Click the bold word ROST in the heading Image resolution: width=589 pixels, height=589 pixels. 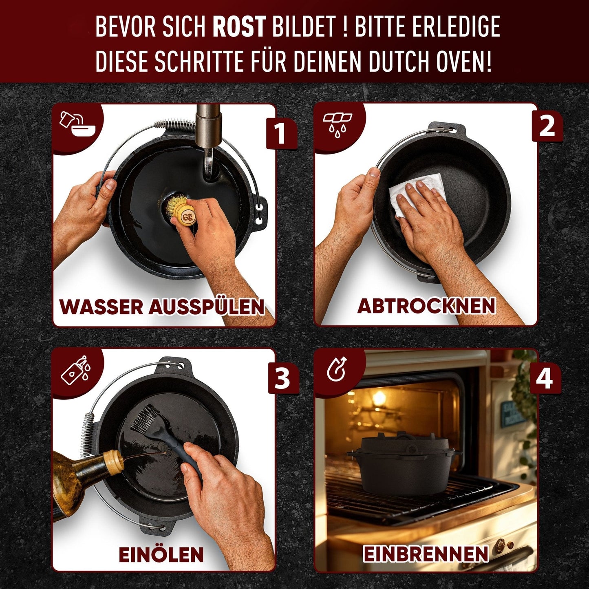point(239,27)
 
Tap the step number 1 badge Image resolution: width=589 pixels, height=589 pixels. point(280,133)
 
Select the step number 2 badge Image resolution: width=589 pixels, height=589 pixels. point(547,126)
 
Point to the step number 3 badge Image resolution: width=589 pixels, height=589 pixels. point(282,378)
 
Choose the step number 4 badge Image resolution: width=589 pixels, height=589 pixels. point(545,377)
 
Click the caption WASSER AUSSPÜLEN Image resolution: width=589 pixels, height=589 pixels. point(162,307)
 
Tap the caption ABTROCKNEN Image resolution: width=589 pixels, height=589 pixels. point(426,306)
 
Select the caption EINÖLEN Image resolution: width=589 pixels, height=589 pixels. point(161,554)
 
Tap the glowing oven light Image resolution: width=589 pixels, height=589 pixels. point(379,397)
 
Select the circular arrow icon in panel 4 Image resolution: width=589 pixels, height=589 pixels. point(337,369)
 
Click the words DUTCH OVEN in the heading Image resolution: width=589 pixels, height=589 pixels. point(430,61)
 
